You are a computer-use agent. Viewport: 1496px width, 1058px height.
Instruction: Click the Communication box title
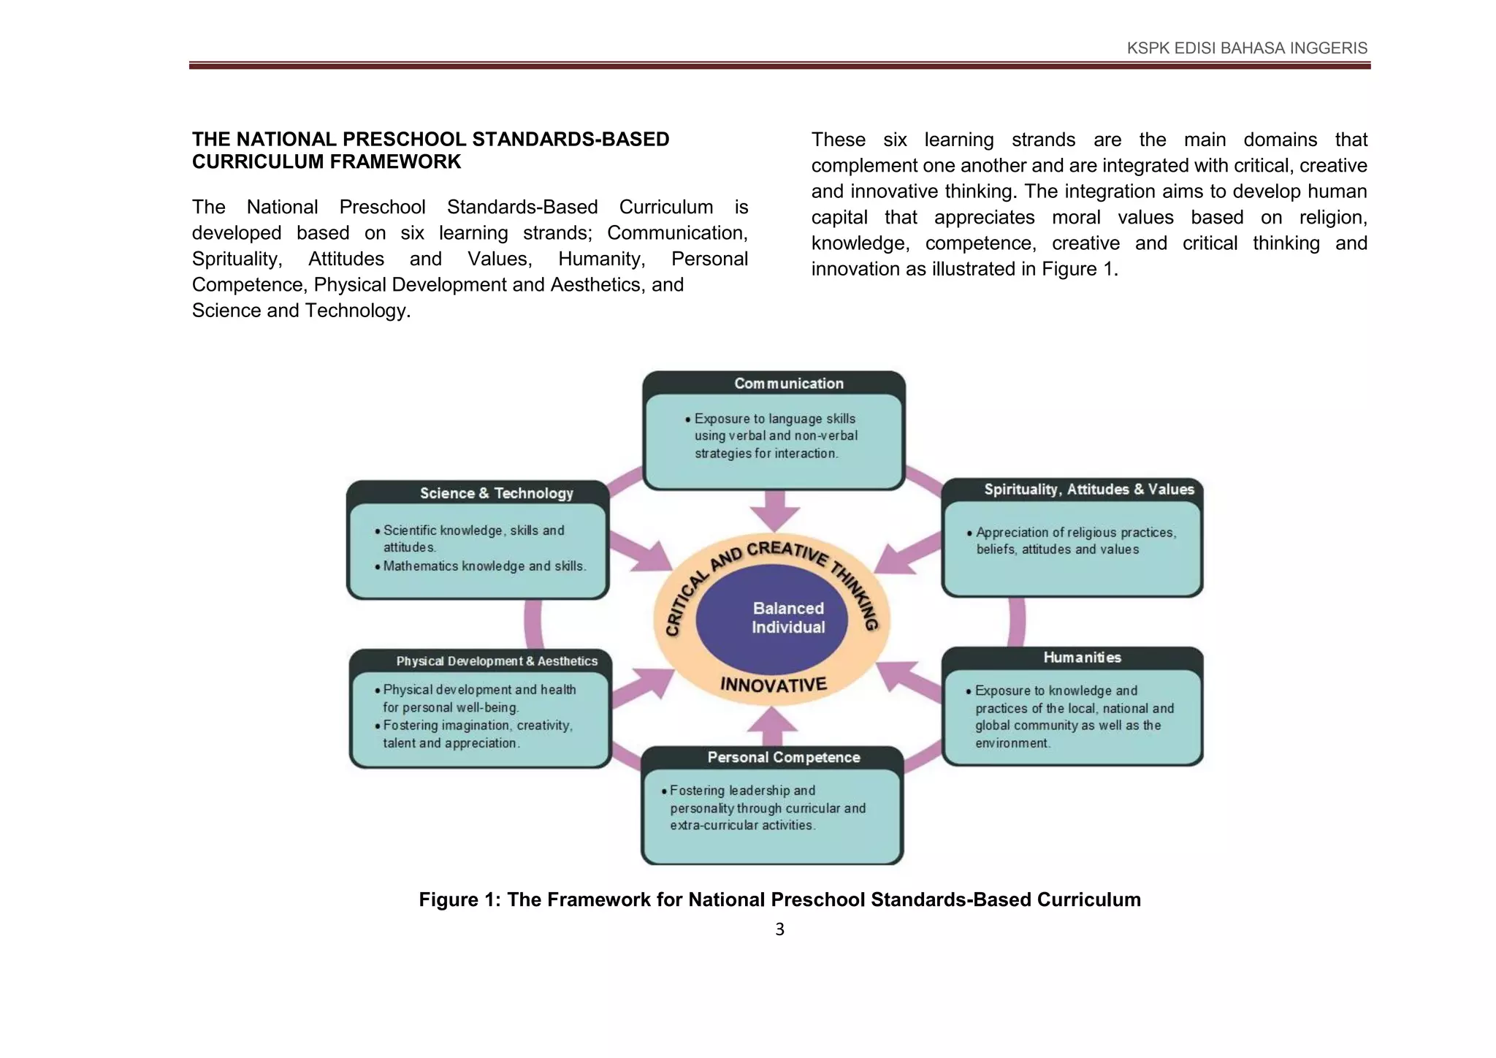coord(788,384)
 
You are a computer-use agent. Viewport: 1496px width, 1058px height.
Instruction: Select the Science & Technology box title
coord(496,493)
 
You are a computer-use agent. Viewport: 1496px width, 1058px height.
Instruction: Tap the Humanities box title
coord(1082,658)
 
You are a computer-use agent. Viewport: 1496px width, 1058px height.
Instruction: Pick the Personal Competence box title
coord(783,758)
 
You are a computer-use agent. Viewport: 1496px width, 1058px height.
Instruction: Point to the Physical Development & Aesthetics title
coord(496,661)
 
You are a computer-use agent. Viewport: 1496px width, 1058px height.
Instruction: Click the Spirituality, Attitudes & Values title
coord(1088,490)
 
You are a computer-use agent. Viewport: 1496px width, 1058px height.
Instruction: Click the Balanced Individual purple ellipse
coord(772,619)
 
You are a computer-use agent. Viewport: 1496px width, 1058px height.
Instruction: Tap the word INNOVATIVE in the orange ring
coord(773,685)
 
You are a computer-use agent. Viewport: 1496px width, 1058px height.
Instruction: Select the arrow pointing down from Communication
coord(774,510)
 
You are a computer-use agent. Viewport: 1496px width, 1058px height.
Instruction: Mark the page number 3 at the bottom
coord(779,929)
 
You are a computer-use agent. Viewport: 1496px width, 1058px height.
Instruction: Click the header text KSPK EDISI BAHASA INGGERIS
coord(1246,48)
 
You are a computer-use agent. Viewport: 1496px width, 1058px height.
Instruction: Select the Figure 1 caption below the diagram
coord(779,899)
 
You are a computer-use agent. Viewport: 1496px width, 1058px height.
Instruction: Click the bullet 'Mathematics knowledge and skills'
coord(484,566)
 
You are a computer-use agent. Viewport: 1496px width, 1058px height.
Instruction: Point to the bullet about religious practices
coord(1075,541)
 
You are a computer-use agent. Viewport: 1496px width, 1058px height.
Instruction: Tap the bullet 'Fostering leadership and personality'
coord(767,807)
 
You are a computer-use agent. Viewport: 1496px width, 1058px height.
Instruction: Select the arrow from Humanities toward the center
coord(908,679)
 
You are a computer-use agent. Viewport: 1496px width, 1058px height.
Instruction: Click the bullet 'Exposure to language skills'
coord(775,435)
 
